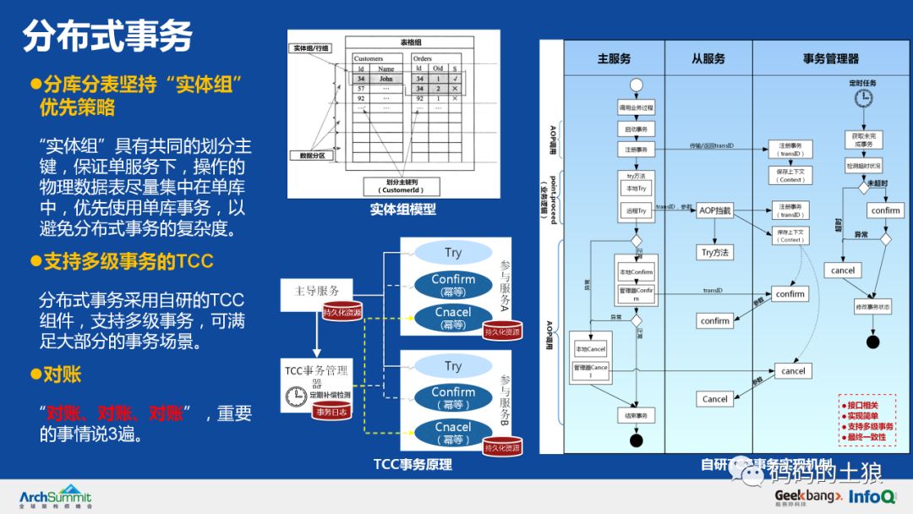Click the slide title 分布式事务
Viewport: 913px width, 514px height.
[107, 36]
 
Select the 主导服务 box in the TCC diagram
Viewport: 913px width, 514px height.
[317, 291]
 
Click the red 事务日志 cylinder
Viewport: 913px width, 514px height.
[332, 412]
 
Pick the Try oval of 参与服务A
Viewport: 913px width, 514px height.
[453, 253]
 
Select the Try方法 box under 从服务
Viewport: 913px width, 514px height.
[714, 252]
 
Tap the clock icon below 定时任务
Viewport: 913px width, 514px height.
[862, 99]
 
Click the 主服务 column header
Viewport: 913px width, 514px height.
[614, 58]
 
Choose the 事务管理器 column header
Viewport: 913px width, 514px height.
[830, 58]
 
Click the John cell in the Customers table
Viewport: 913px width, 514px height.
[385, 78]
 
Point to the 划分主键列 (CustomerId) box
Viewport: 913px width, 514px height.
[402, 187]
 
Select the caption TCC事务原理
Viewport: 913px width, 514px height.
[413, 464]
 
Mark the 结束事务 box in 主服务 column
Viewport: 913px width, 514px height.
[636, 416]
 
